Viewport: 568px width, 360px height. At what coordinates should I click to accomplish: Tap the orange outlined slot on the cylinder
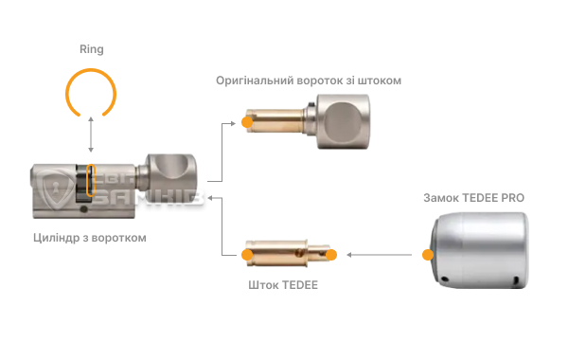pyautogui.click(x=91, y=181)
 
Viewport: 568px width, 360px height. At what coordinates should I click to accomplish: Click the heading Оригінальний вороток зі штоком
pyautogui.click(x=309, y=81)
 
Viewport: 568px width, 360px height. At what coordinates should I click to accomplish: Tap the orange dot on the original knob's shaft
pyautogui.click(x=247, y=122)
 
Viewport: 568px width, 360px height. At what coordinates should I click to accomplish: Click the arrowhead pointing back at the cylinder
pyautogui.click(x=212, y=198)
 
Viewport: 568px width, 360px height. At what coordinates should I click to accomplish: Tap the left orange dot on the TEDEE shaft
pyautogui.click(x=248, y=254)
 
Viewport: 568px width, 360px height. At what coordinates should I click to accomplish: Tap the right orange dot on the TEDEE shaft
pyautogui.click(x=332, y=254)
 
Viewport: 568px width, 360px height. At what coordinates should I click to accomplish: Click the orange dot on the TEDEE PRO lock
pyautogui.click(x=427, y=254)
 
